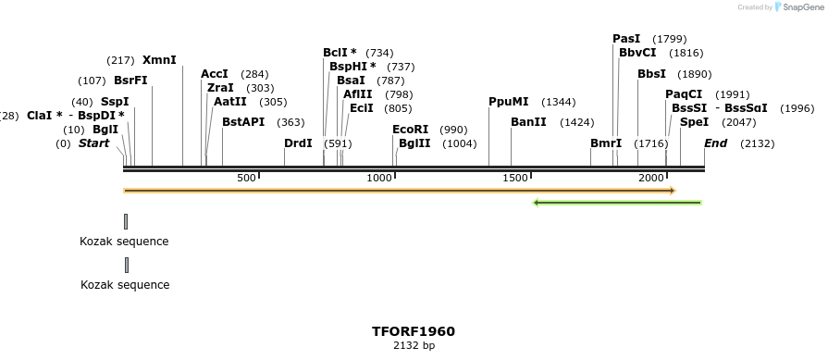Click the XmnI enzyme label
click(x=159, y=59)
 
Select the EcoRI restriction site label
click(x=411, y=130)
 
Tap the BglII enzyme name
click(x=414, y=143)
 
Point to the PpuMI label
click(x=509, y=102)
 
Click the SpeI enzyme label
click(x=694, y=122)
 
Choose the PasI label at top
click(x=626, y=39)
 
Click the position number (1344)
click(x=559, y=102)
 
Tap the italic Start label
click(x=93, y=143)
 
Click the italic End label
click(x=715, y=143)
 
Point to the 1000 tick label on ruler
click(x=379, y=178)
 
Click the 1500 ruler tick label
click(x=514, y=178)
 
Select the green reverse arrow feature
click(x=617, y=202)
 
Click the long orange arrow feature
click(x=399, y=191)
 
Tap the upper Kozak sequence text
click(x=124, y=242)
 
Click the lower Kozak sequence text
click(x=124, y=285)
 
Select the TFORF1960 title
click(x=414, y=331)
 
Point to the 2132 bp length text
click(x=414, y=346)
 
